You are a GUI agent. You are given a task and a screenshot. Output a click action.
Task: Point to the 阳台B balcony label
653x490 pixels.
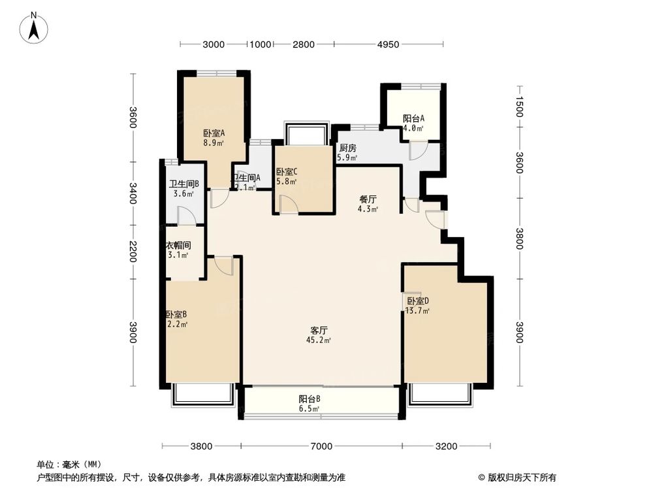310,399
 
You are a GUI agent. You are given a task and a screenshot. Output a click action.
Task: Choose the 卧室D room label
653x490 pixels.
418,301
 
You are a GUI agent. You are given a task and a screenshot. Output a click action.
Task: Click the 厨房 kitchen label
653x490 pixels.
347,148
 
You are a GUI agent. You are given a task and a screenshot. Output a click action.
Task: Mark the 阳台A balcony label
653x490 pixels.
413,118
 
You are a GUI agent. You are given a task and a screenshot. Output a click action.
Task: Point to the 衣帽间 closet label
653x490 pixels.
178,246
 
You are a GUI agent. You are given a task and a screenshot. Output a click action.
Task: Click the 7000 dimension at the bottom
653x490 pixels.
321,447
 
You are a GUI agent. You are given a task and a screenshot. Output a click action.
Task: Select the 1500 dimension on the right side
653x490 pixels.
519,106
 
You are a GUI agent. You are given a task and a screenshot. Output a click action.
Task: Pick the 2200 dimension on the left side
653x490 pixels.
133,252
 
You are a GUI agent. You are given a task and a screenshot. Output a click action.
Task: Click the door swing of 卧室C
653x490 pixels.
288,204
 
